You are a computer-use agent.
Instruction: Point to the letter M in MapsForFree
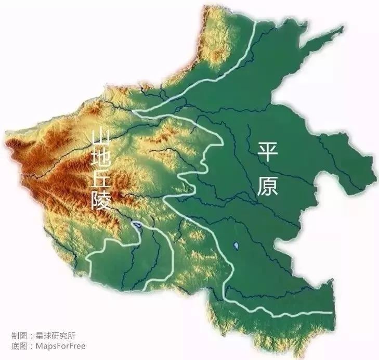click(38, 345)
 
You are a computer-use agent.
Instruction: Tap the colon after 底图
click(31, 346)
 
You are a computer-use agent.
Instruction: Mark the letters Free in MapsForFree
click(76, 345)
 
